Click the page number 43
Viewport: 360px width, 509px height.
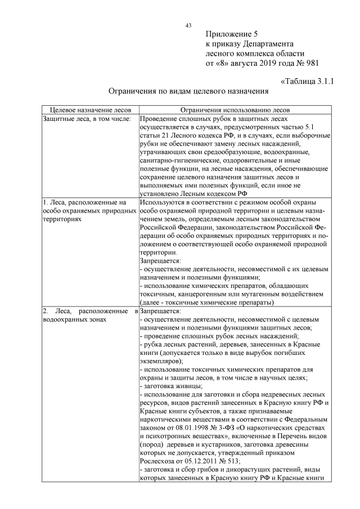tap(188, 25)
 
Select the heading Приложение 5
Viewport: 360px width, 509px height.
tap(232, 34)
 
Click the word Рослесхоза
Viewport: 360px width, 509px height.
tap(160, 460)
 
